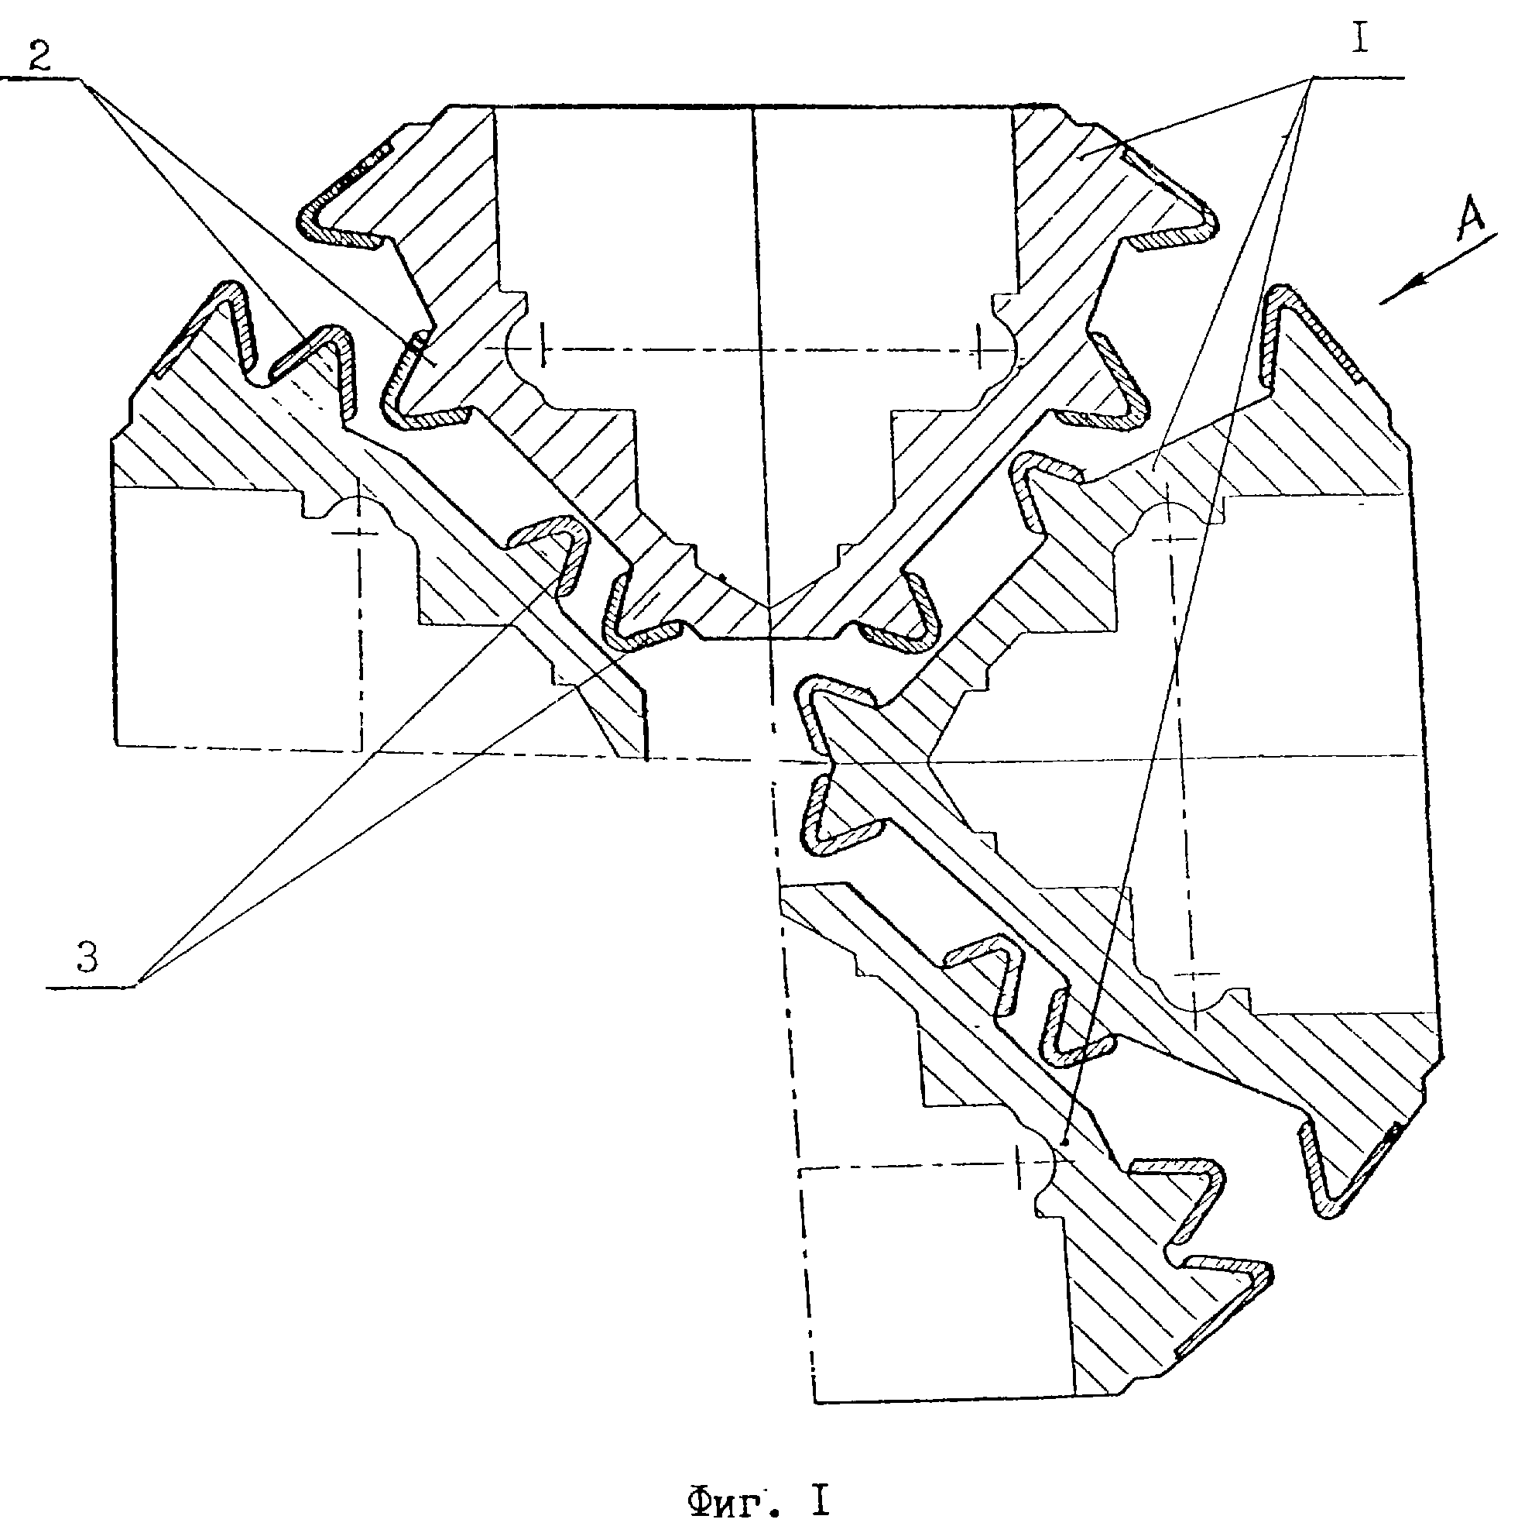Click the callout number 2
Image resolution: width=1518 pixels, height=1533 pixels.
click(39, 58)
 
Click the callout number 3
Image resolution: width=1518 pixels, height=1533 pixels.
click(87, 957)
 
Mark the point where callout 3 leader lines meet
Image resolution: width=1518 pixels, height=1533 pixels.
click(137, 986)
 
